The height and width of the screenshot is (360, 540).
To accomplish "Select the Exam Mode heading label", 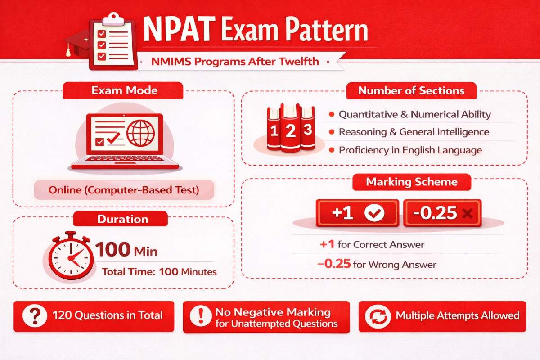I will click(124, 90).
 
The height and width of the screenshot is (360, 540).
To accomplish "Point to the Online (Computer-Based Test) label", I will click(123, 190).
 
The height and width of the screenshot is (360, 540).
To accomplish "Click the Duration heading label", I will click(122, 219).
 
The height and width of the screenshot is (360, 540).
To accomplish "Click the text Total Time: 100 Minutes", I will click(159, 272).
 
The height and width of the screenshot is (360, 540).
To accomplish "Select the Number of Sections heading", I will click(411, 90).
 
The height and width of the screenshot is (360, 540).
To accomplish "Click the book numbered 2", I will click(290, 130).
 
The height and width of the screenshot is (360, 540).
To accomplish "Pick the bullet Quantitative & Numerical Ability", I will click(414, 114).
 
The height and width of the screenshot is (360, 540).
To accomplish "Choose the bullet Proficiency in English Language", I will click(410, 150).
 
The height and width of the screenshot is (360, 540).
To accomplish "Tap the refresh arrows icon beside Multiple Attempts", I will click(376, 316).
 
